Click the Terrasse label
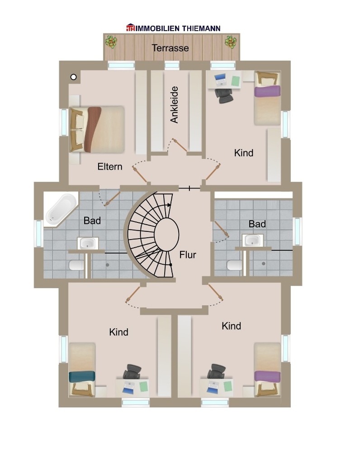(170, 48)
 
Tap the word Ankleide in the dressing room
(174, 105)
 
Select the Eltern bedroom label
(109, 167)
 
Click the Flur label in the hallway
(188, 255)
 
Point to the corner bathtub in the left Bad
(61, 209)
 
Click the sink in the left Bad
(88, 243)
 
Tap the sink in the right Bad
(253, 240)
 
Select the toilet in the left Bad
(76, 265)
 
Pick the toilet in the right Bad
(234, 265)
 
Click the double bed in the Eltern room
(97, 129)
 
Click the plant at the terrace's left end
(111, 42)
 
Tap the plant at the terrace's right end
(231, 42)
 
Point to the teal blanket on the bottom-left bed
(82, 377)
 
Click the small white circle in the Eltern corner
(74, 77)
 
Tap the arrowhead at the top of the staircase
(169, 205)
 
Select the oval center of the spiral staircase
(166, 233)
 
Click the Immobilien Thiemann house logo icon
(130, 28)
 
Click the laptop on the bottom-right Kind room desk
(212, 387)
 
